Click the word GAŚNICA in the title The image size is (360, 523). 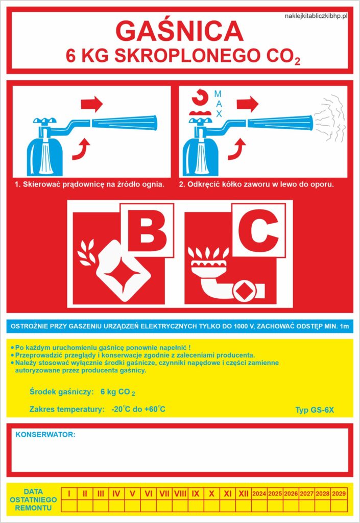pos(179,31)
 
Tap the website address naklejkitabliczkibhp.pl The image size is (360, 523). pos(316,16)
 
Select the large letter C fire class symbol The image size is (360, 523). pos(259,230)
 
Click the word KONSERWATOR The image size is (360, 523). pos(45,435)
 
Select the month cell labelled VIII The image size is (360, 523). pos(180,494)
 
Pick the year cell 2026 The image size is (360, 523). pos(291,494)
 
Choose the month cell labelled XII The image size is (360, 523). pos(244,494)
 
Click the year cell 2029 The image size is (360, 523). pos(339,494)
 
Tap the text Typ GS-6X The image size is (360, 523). pos(315,410)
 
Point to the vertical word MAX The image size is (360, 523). pos(219,104)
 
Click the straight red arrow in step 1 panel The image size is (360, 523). pos(92,104)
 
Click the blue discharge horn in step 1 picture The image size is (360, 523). pos(124,123)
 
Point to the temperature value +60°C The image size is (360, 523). pos(154,409)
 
